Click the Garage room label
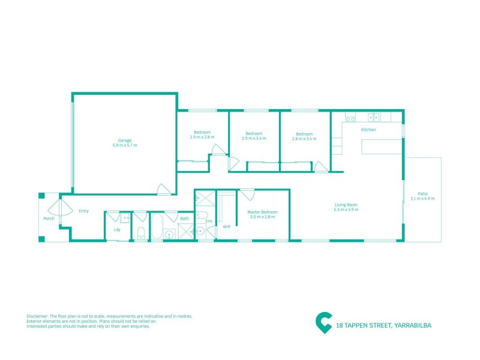[125, 140]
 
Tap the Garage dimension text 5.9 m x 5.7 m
[125, 145]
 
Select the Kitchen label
[368, 130]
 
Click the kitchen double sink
[373, 117]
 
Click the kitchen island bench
[381, 146]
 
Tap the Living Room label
[346, 205]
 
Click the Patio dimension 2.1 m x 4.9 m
[422, 199]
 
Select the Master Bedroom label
[262, 212]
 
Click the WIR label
[227, 227]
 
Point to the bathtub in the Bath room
[157, 226]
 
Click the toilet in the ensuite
[202, 215]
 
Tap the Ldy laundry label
[117, 230]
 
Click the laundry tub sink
[125, 218]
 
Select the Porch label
[49, 218]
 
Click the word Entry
[83, 211]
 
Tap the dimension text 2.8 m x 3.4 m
[304, 139]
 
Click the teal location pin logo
[323, 323]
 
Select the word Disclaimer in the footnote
[37, 316]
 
